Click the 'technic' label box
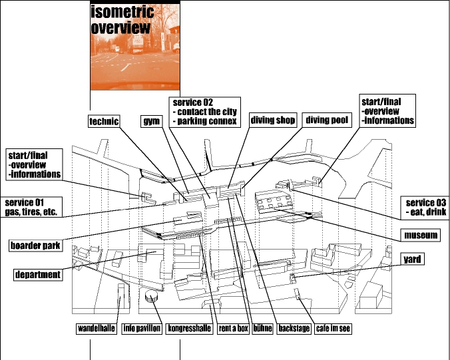pos(104,121)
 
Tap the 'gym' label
pos(150,121)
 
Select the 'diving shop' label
pos(272,120)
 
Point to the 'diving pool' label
pos(326,120)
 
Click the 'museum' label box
pos(421,236)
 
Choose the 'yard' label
pos(413,259)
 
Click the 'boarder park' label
pos(35,246)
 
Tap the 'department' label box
pos(39,274)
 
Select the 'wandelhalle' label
pos(96,329)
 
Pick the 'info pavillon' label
pos(142,329)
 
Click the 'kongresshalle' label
pos(190,329)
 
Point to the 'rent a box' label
pos(233,329)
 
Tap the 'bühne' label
pos(262,329)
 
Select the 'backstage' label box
pos(294,329)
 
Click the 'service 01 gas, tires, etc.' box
pos(32,207)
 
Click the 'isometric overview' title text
pos(122,20)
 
